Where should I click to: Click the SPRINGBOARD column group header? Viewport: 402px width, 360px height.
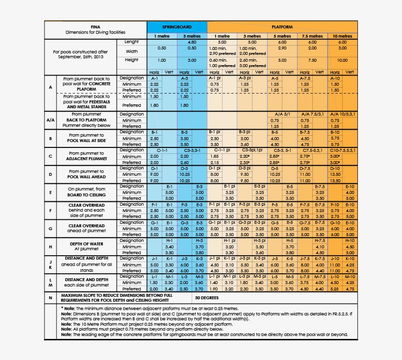[176, 27]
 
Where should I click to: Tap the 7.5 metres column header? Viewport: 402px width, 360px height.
[312, 36]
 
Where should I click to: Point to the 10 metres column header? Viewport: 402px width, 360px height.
[342, 36]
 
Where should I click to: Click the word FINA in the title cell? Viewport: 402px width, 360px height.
[96, 26]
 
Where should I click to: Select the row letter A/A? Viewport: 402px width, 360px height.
[50, 120]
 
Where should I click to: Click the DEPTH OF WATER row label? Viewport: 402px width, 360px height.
[86, 243]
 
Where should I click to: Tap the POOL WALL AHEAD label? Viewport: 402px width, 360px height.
[86, 176]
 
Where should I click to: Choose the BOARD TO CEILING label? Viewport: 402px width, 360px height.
[86, 195]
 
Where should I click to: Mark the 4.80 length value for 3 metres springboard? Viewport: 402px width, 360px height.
[192, 43]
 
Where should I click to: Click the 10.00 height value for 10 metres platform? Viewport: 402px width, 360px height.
[342, 60]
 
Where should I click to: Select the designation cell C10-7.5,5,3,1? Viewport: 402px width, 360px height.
[342, 150]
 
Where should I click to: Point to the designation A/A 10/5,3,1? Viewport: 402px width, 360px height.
[342, 114]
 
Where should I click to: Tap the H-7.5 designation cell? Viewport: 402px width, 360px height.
[320, 240]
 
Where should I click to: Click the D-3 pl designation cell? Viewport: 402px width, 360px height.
[245, 168]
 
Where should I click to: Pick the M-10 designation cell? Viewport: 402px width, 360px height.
[350, 277]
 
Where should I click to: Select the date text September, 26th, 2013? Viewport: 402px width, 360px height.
[81, 57]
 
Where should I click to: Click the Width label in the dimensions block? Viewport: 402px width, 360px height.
[131, 51]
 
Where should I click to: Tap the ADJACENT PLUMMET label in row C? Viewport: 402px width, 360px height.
[86, 159]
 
